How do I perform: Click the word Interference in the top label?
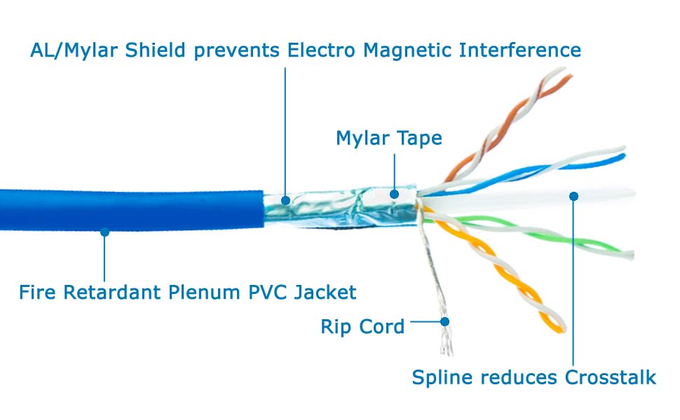point(520,50)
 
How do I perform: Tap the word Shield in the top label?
point(155,50)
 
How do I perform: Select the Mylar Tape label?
point(389,139)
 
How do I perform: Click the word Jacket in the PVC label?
point(325,293)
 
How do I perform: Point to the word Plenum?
point(204,293)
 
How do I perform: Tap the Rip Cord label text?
point(362,326)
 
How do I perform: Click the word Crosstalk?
point(611,377)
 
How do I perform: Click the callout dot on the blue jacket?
point(104,232)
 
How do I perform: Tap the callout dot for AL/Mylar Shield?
point(285,200)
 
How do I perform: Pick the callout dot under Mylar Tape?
point(394,194)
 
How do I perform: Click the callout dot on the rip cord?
point(444,322)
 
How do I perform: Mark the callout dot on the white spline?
point(573,197)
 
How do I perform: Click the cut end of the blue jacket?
point(263,209)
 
